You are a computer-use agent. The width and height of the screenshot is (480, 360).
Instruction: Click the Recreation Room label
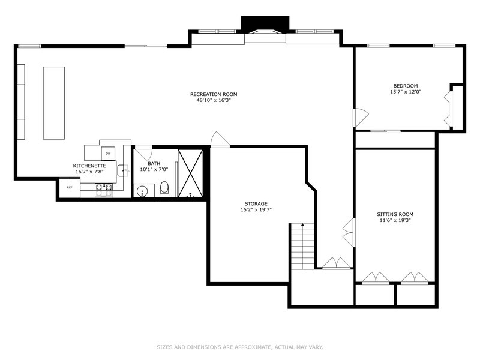pyautogui.click(x=214, y=94)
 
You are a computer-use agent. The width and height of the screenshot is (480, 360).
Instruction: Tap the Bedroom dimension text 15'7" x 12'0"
pyautogui.click(x=406, y=92)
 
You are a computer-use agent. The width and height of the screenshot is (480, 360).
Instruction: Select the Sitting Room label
pyautogui.click(x=395, y=214)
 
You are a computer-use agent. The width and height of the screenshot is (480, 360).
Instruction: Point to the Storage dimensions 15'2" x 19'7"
pyautogui.click(x=256, y=210)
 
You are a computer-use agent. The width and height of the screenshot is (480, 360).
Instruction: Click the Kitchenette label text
pyautogui.click(x=90, y=166)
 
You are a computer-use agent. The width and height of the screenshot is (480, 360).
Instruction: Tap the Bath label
pyautogui.click(x=154, y=163)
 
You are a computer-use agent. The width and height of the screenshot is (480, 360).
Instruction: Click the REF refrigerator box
pyautogui.click(x=70, y=188)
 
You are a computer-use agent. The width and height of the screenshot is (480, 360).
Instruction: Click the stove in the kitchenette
pyautogui.click(x=103, y=190)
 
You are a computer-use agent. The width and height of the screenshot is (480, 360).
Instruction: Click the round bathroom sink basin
pyautogui.click(x=143, y=191)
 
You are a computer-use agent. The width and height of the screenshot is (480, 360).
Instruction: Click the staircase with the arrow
pyautogui.click(x=302, y=246)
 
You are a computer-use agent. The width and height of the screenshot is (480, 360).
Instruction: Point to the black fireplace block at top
pyautogui.click(x=265, y=23)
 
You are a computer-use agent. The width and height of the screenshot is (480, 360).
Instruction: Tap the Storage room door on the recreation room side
pyautogui.click(x=220, y=140)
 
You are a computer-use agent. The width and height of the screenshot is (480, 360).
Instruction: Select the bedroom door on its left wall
pyautogui.click(x=360, y=117)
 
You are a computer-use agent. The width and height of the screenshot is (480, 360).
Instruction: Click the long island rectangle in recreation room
pyautogui.click(x=53, y=103)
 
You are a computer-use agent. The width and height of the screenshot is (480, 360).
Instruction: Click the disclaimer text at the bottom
pyautogui.click(x=240, y=347)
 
